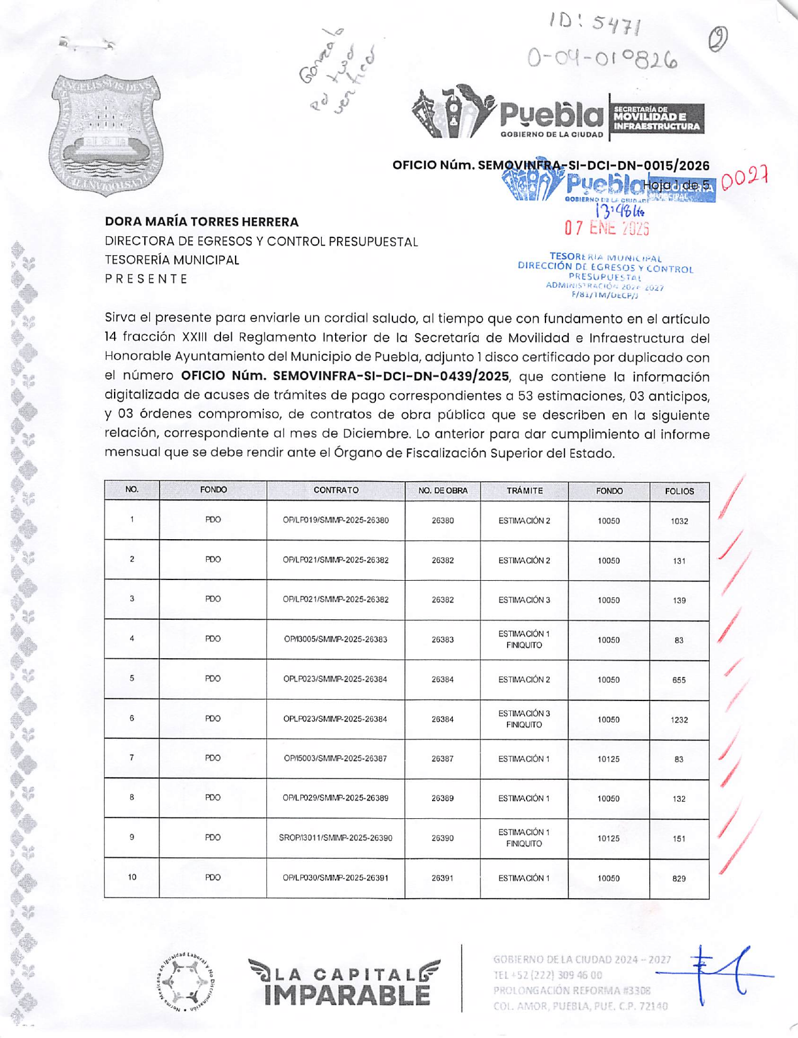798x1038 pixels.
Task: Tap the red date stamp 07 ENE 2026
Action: [607, 227]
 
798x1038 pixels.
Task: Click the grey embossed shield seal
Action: [105, 134]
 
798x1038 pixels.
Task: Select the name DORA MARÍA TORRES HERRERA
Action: [202, 222]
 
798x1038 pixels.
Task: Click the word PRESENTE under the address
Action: [146, 279]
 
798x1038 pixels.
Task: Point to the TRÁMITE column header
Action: [524, 491]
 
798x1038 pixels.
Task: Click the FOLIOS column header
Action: [679, 491]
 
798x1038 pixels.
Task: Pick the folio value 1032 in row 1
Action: [679, 521]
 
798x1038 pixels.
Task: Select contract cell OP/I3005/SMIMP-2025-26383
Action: [335, 639]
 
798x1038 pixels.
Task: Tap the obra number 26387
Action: [442, 759]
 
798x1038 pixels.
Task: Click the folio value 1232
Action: [679, 719]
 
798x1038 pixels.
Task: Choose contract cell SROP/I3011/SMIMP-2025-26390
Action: [335, 838]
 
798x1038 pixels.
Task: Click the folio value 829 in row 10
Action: [679, 878]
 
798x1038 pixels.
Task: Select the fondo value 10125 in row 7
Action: [608, 759]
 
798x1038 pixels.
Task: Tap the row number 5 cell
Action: [132, 679]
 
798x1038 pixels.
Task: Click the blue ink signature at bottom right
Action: [724, 973]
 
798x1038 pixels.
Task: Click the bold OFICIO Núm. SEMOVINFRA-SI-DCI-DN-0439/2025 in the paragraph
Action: [345, 377]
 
